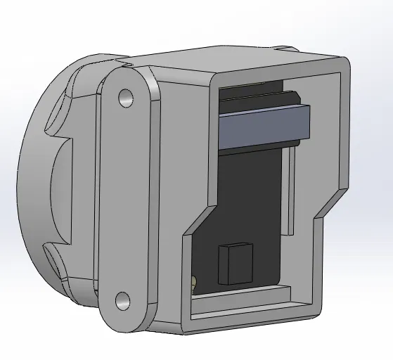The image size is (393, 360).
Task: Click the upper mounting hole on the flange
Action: point(126,97)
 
